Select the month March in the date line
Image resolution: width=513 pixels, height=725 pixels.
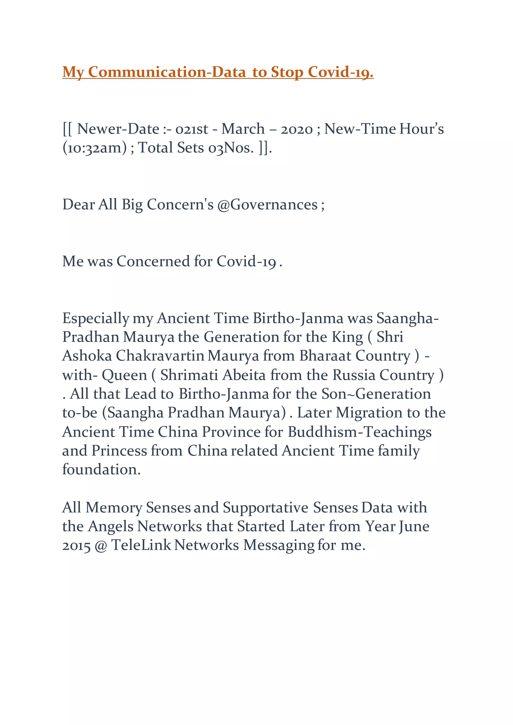click(243, 129)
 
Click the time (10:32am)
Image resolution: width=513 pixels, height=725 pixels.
click(95, 148)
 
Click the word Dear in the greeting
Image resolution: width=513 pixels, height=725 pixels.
click(79, 205)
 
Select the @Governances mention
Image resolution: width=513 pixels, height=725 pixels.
click(268, 205)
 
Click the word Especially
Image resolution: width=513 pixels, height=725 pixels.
click(95, 318)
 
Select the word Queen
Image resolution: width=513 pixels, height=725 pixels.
click(124, 375)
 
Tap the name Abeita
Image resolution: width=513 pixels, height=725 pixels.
click(244, 375)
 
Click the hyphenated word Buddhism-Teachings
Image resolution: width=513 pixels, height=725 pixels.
click(359, 432)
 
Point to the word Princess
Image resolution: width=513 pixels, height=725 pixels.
click(119, 451)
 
